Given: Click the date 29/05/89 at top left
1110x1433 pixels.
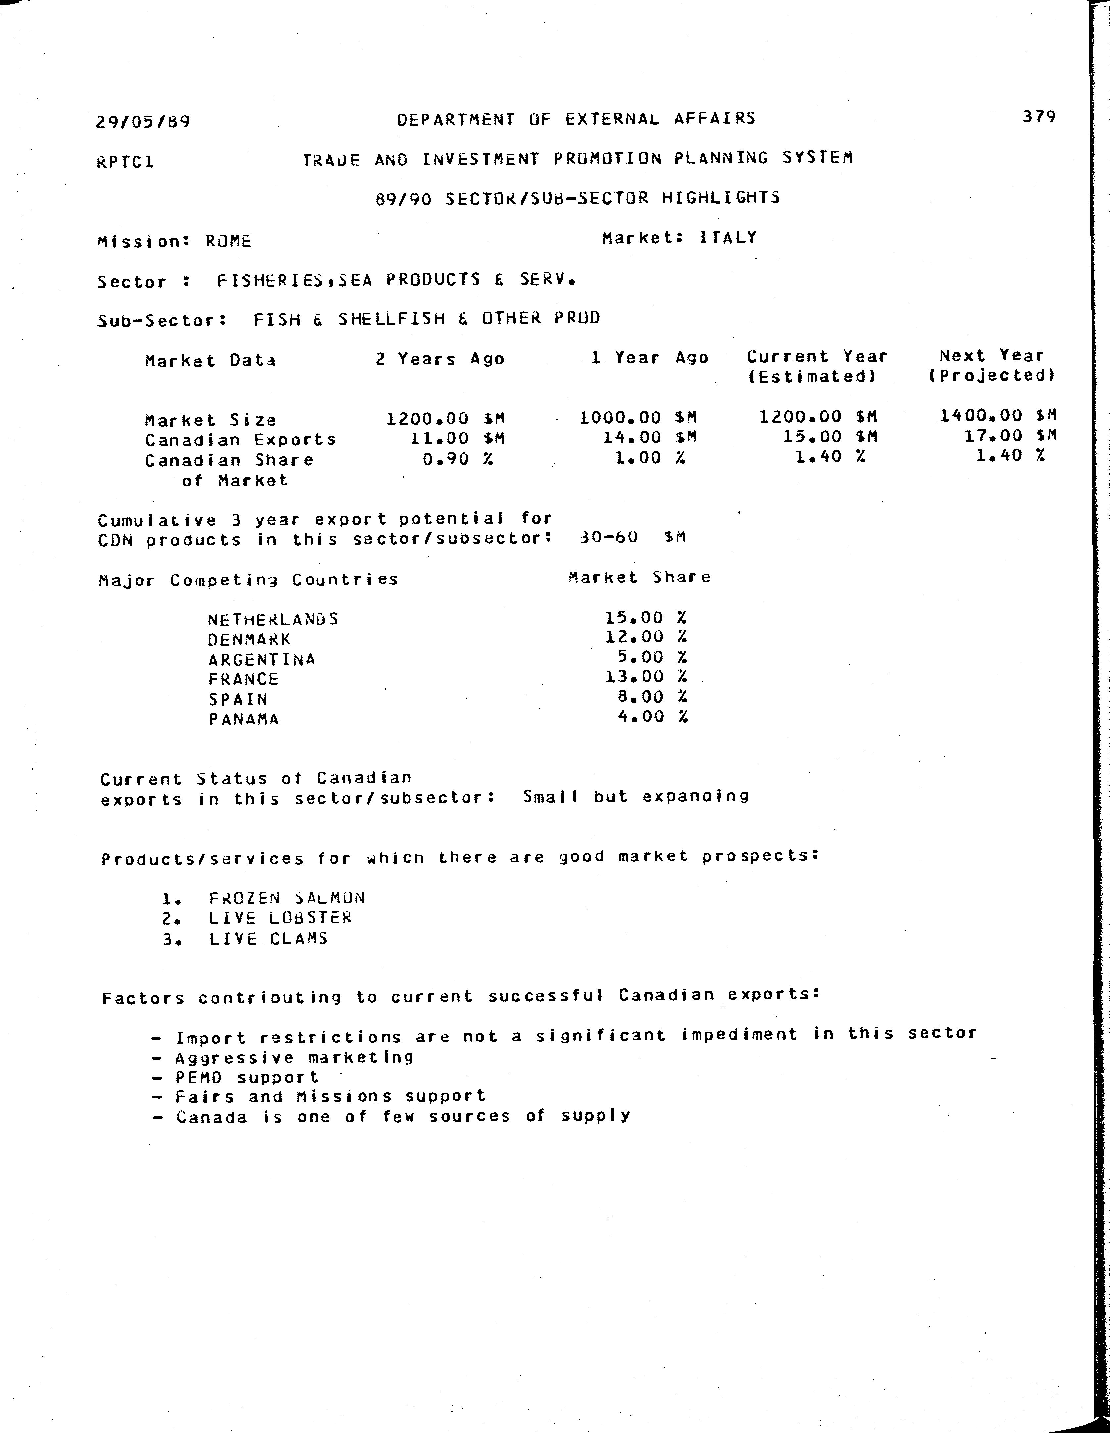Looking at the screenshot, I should (x=143, y=122).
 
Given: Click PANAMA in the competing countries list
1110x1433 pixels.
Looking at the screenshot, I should (x=244, y=719).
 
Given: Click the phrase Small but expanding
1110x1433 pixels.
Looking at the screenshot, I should (x=635, y=797).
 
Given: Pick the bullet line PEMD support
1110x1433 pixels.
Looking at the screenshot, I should (x=247, y=1077).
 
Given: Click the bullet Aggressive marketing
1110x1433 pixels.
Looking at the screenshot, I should (x=295, y=1058).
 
